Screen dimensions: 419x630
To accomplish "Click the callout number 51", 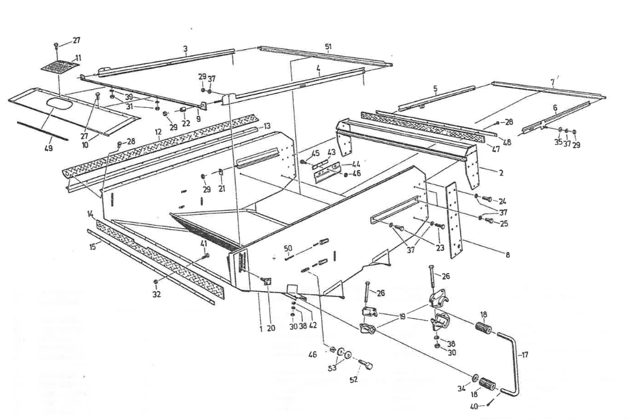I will (328, 46).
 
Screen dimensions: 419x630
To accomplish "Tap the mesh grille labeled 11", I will (60, 65).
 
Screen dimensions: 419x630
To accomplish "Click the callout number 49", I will (48, 148).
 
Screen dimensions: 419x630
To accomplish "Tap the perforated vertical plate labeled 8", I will (453, 216).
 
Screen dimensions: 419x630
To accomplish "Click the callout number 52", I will (353, 380).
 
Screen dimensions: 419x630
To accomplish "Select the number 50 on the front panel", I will (288, 248).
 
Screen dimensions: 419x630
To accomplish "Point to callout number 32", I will (156, 295).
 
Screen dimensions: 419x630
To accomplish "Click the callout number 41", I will (204, 243).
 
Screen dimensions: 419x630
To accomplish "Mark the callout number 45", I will (316, 154).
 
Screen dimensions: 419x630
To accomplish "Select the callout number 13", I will (267, 126).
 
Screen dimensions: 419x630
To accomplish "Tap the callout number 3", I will (185, 49).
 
